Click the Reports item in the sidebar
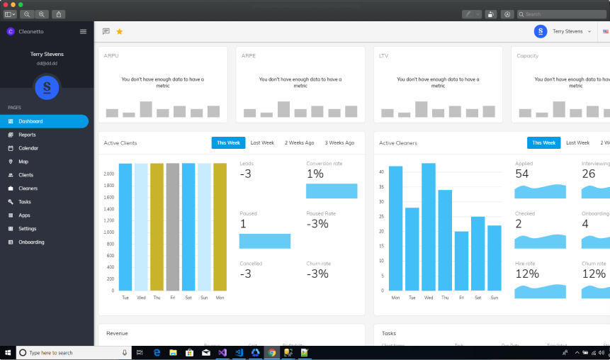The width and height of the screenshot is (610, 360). tap(27, 135)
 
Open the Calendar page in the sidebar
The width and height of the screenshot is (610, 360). tap(28, 148)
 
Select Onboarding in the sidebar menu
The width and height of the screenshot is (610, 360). tap(31, 242)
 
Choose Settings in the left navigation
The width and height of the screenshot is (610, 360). tap(28, 229)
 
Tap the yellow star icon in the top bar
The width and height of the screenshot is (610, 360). tap(119, 31)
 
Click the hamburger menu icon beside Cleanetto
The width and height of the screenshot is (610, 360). tap(83, 31)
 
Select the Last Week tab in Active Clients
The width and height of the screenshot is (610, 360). tap(262, 142)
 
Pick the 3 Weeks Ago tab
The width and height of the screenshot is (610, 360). tap(339, 142)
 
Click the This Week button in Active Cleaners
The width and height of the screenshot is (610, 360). tap(543, 142)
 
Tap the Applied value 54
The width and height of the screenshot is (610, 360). tap(522, 174)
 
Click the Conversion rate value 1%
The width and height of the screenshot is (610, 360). tap(315, 174)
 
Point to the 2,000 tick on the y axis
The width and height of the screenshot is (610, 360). tap(108, 174)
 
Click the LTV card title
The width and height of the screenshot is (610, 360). tap(384, 56)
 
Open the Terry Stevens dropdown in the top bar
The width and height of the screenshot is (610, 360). tap(571, 31)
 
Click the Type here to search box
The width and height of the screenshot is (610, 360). tap(71, 352)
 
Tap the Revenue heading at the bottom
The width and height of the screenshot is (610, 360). tap(117, 333)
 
